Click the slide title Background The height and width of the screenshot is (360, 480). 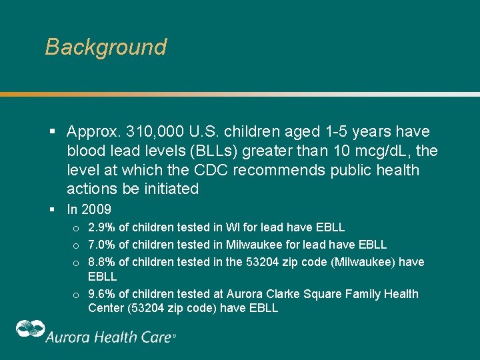pos(105,47)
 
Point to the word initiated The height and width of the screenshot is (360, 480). pos(170,189)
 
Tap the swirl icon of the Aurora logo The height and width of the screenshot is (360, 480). pos(30,331)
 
